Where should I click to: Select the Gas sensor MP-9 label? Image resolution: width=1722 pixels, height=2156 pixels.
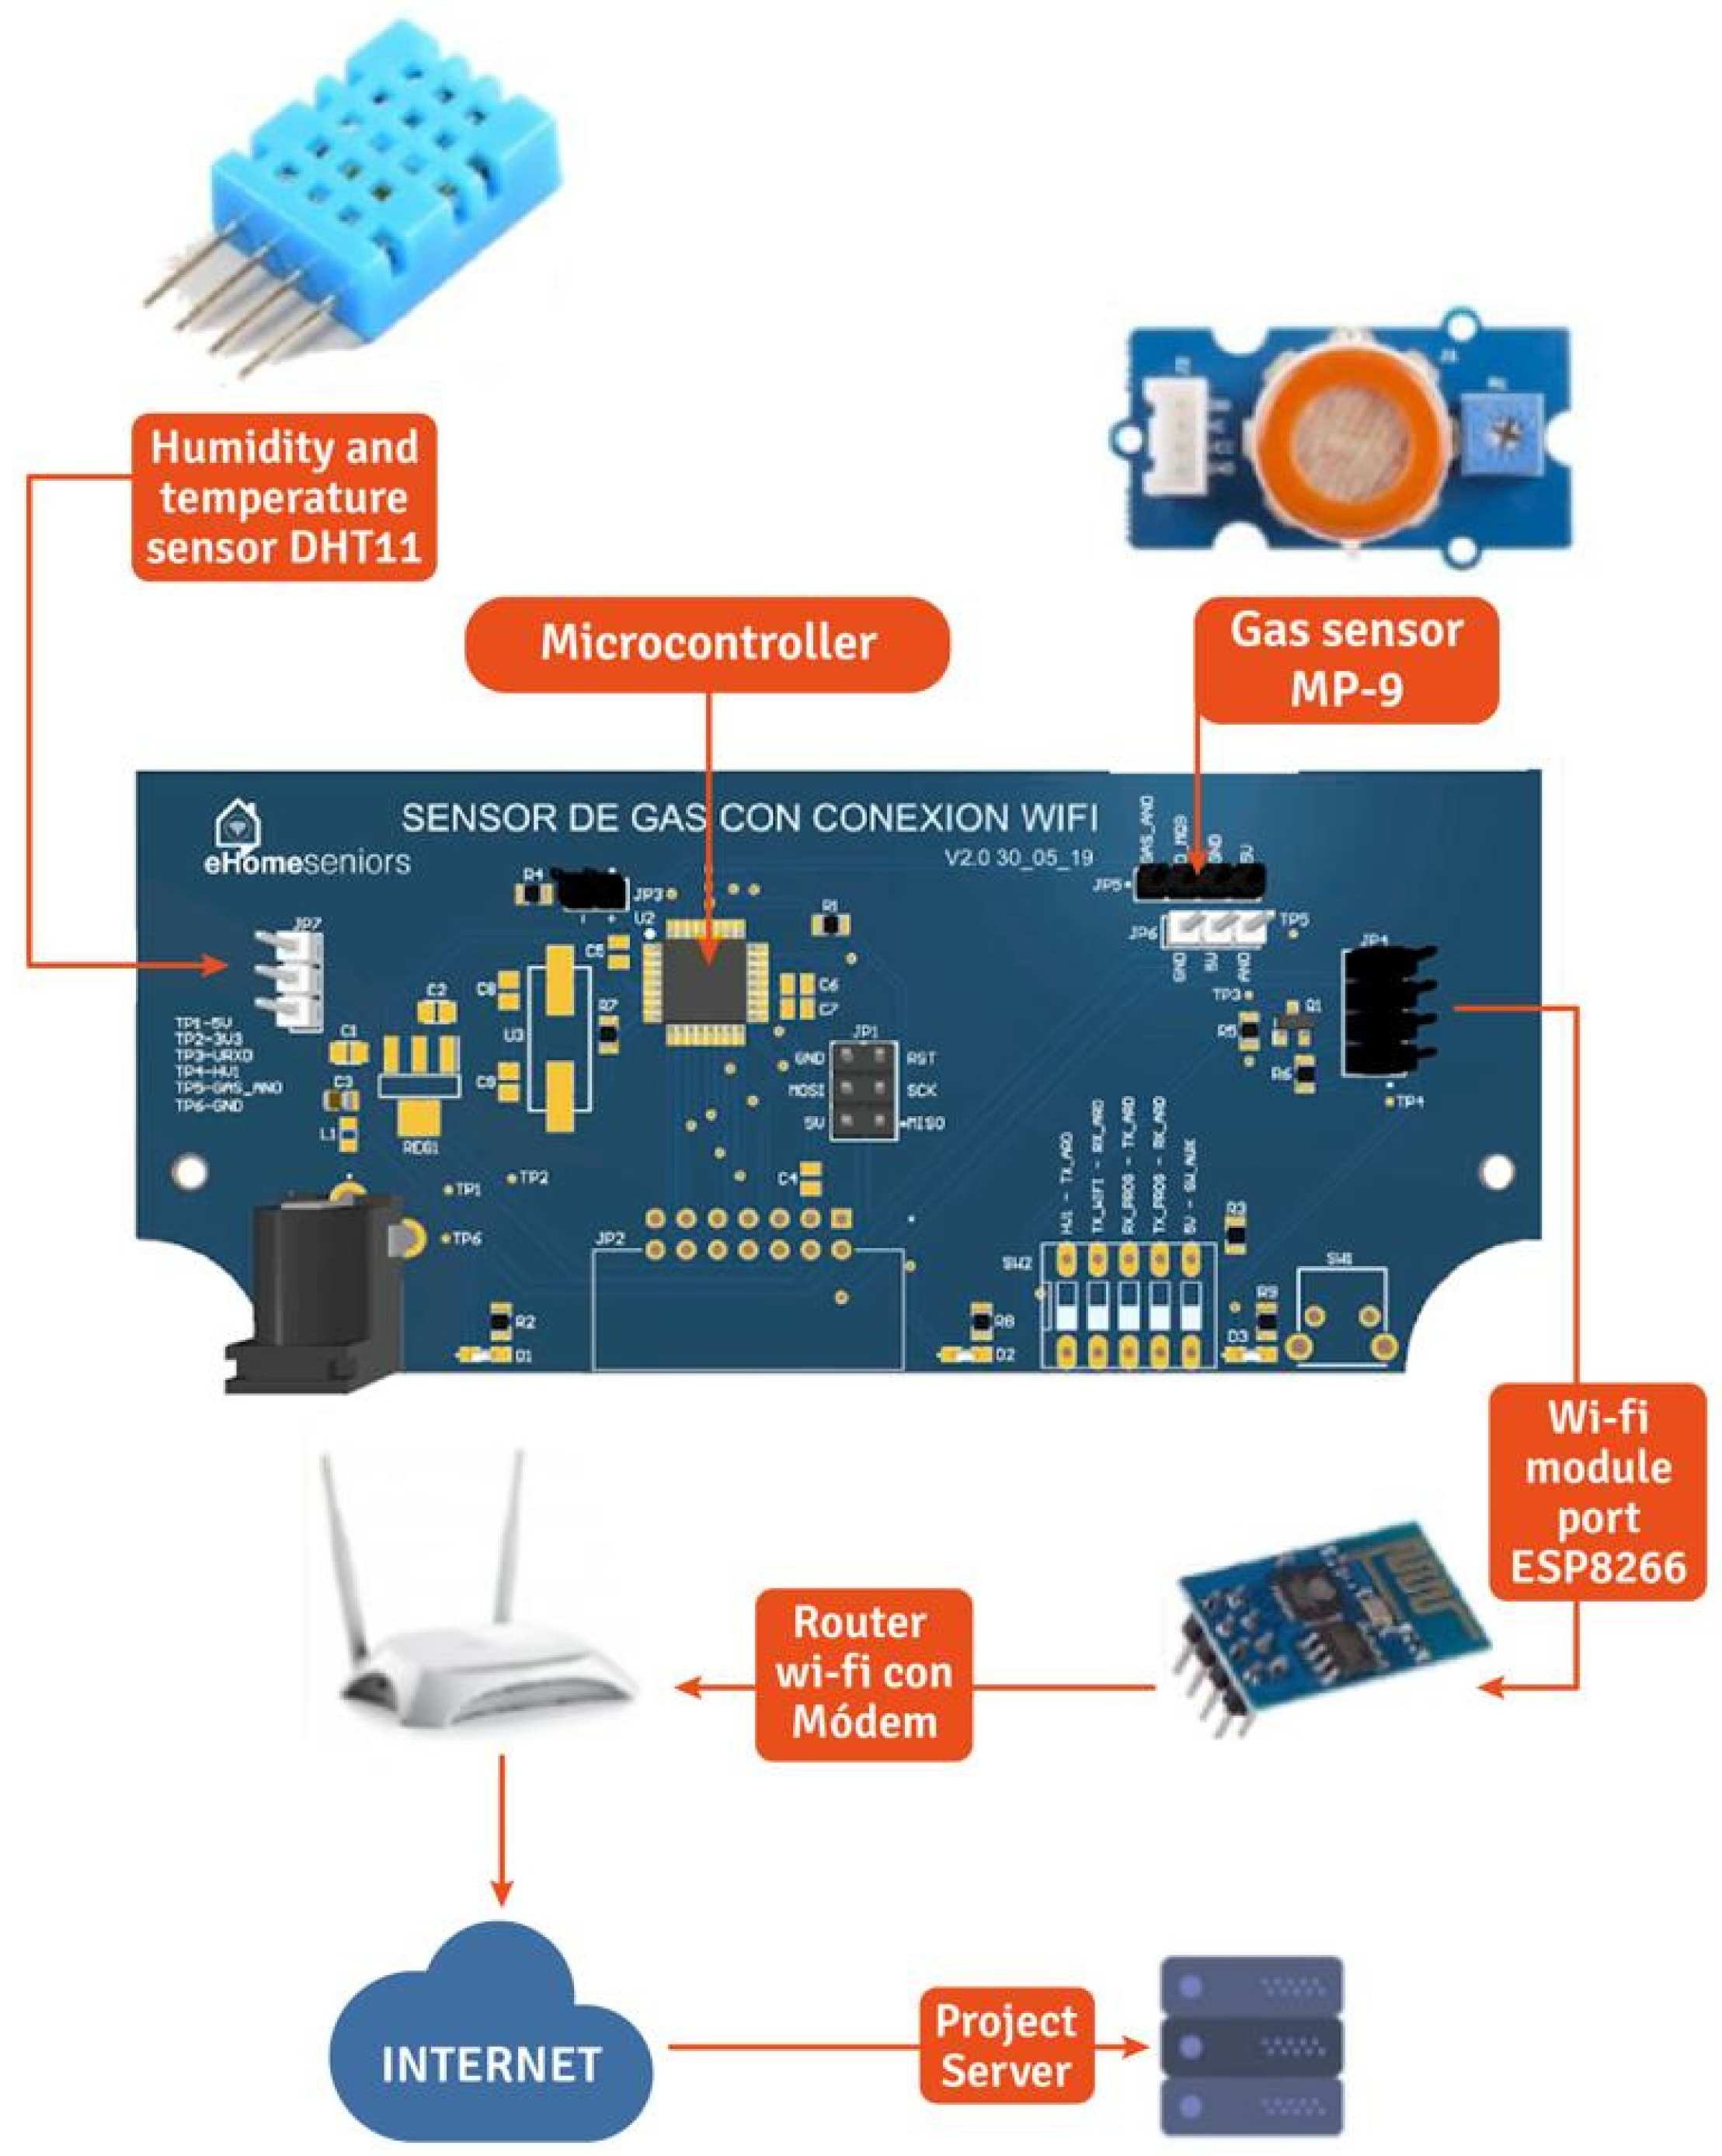(1346, 660)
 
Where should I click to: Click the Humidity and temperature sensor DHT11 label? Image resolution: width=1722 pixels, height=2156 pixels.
(284, 497)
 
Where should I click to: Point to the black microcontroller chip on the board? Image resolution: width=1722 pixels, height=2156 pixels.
(706, 968)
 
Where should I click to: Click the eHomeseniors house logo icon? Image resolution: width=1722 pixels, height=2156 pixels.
(238, 823)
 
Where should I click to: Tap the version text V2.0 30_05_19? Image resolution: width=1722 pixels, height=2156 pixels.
(1018, 858)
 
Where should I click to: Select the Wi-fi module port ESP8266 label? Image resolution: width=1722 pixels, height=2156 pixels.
(1597, 1491)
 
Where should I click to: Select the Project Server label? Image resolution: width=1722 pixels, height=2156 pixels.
(1005, 2045)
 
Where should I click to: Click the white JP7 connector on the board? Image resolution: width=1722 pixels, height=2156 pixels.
(293, 980)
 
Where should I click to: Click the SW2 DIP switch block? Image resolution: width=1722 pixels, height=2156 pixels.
(1128, 1305)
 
